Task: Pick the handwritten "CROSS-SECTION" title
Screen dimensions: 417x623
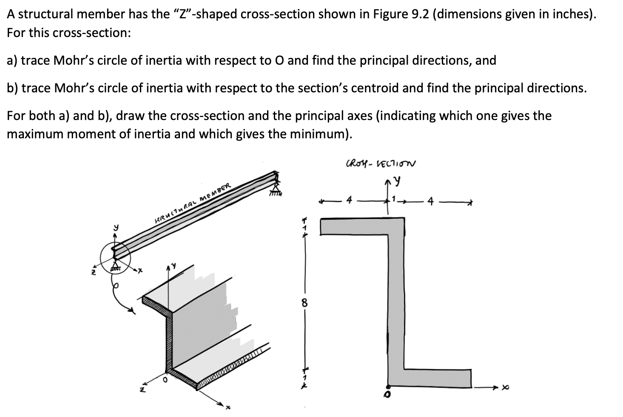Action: click(381, 164)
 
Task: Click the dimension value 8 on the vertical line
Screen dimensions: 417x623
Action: click(304, 303)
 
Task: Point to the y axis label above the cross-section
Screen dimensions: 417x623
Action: click(397, 181)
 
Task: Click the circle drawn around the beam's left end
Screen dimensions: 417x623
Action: click(114, 257)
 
